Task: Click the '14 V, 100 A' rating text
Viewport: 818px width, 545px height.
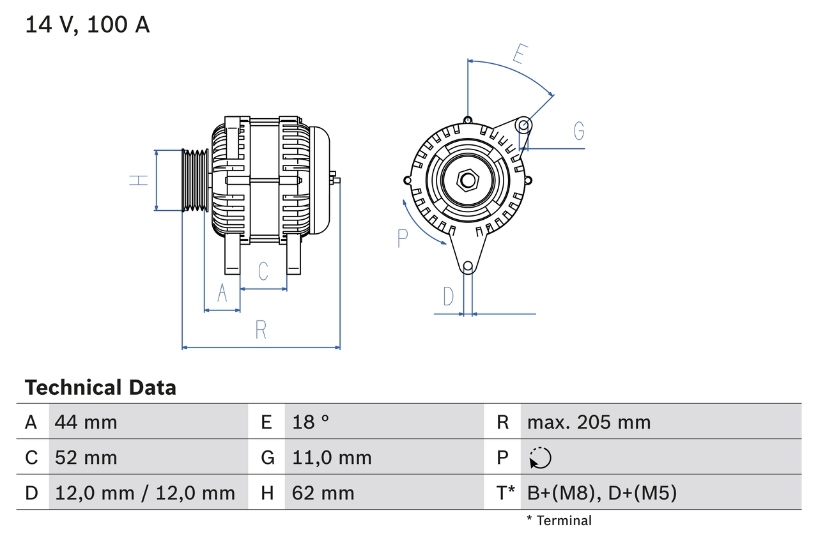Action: (x=88, y=24)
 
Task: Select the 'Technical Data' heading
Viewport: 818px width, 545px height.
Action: (x=100, y=387)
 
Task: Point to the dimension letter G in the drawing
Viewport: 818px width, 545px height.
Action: (x=578, y=131)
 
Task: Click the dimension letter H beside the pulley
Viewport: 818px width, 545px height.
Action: (x=139, y=180)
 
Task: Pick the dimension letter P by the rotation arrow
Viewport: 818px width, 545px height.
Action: (x=402, y=238)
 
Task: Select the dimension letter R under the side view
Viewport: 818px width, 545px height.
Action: (x=261, y=330)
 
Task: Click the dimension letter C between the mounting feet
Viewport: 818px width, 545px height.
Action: (x=263, y=272)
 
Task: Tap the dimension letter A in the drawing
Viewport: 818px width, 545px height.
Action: (x=222, y=293)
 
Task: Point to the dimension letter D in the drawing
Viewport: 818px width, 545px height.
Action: (x=449, y=296)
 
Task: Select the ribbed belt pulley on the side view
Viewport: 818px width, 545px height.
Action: (x=195, y=180)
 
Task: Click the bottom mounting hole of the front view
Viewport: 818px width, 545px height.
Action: (x=468, y=266)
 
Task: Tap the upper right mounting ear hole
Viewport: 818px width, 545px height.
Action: (x=523, y=124)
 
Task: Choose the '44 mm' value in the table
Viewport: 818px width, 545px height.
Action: (x=86, y=422)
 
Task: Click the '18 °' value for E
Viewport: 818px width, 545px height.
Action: (x=311, y=422)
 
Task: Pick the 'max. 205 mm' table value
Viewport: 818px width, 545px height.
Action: (x=589, y=422)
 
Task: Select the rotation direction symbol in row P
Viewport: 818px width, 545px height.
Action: (x=540, y=457)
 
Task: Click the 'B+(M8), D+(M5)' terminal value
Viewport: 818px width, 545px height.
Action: (x=601, y=493)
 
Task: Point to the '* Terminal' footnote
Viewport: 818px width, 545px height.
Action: (x=559, y=521)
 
